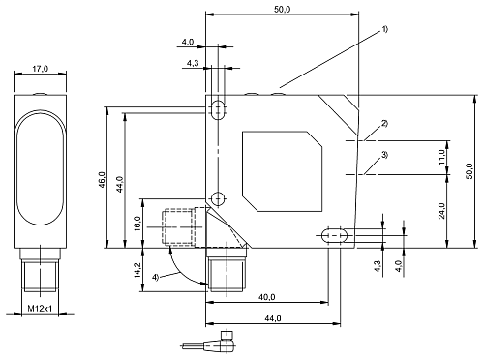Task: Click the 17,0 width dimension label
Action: tap(40, 69)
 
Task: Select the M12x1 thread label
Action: tap(40, 309)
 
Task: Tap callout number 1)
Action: tap(385, 29)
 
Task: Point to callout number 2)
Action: tap(384, 124)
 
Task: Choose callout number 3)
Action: tap(384, 155)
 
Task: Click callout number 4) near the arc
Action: tap(156, 277)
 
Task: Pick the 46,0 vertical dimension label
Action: tap(102, 180)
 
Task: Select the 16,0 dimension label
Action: tap(137, 224)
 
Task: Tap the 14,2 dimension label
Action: tap(137, 270)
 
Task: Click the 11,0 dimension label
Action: tap(441, 157)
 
